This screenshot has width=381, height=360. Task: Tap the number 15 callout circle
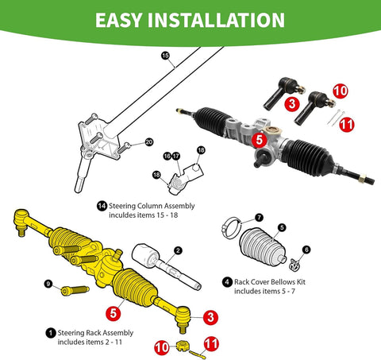(x=165, y=56)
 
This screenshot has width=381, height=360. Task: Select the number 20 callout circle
(x=148, y=141)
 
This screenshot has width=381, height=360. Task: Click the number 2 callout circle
(x=178, y=250)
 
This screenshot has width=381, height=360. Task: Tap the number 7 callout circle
(x=259, y=217)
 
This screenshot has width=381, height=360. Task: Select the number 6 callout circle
(x=306, y=249)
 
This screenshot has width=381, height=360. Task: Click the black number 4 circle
(x=228, y=281)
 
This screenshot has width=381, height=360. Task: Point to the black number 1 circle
(x=51, y=332)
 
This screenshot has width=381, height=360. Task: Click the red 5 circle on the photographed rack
(x=259, y=137)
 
